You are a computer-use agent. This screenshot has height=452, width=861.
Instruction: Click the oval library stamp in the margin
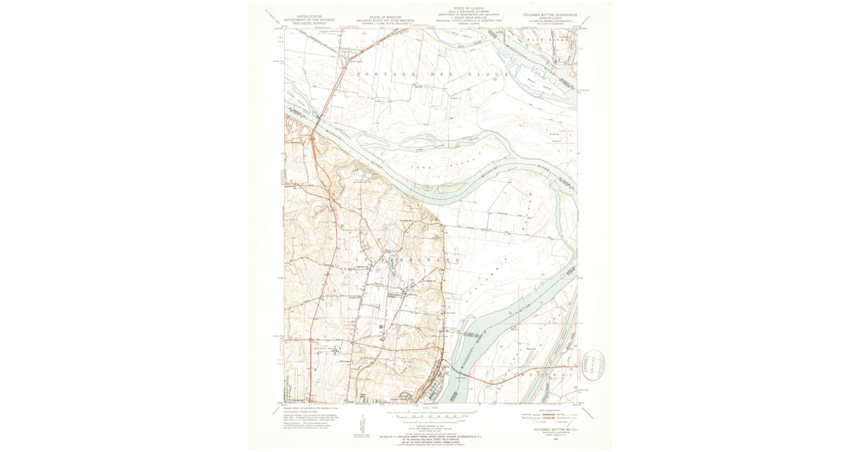[594, 365]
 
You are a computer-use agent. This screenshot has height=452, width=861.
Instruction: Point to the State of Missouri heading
[385, 15]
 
